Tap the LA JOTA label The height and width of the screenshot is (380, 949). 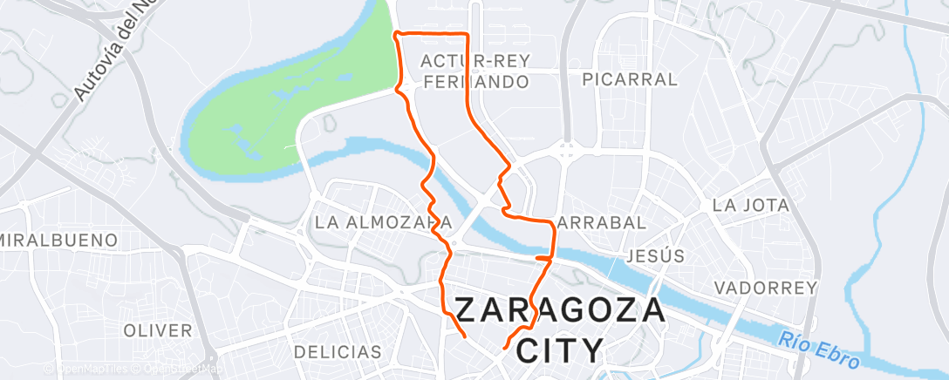(x=750, y=206)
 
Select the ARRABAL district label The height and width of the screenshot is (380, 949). (x=602, y=222)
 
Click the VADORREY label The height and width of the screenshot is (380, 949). (x=765, y=288)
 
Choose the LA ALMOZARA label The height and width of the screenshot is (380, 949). (x=384, y=222)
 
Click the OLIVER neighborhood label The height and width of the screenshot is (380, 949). (x=158, y=330)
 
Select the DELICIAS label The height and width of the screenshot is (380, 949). (x=326, y=352)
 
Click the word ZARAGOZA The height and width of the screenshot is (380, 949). (x=561, y=311)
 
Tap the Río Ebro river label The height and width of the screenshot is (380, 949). (x=820, y=350)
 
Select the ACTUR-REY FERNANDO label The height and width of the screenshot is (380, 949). (x=475, y=71)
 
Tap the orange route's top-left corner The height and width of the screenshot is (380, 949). (x=397, y=33)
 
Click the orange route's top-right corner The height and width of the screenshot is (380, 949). (x=468, y=35)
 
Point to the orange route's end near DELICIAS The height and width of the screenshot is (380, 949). (x=464, y=335)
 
